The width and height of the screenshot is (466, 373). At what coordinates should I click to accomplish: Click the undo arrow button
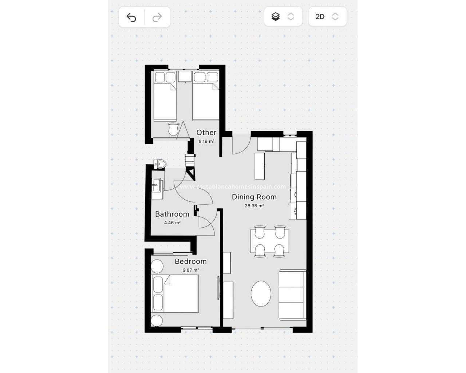(131, 17)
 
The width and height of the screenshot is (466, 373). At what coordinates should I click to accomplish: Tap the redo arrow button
(157, 17)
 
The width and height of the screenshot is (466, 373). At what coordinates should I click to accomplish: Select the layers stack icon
(276, 16)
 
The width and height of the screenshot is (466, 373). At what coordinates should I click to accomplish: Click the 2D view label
(320, 17)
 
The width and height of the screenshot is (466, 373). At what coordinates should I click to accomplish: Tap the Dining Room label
(254, 197)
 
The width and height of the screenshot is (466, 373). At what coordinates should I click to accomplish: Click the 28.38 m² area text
(254, 206)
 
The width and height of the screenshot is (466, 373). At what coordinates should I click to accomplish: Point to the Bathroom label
(172, 214)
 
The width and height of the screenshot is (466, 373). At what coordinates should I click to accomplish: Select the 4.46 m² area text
(172, 223)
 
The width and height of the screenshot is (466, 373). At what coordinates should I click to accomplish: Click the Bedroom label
(190, 262)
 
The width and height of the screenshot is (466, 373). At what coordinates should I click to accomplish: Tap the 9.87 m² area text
(190, 270)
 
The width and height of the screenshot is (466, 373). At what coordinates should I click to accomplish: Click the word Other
(206, 133)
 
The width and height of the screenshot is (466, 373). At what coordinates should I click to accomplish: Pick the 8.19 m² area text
(206, 141)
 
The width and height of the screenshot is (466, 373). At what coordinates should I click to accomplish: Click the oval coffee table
(261, 294)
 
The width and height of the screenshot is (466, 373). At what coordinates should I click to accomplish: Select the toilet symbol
(159, 164)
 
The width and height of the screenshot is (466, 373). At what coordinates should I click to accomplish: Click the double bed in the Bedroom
(175, 294)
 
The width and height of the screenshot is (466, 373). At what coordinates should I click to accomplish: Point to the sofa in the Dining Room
(293, 295)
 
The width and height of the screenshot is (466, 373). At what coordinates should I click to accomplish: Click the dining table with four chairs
(270, 241)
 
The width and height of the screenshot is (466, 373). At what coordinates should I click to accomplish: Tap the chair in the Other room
(173, 129)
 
